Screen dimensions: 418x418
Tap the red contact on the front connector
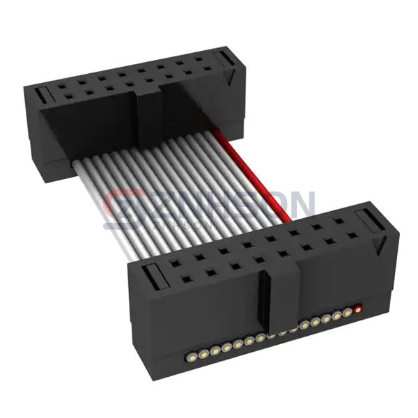coord(358,308)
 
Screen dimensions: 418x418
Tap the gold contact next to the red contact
coord(347,313)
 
